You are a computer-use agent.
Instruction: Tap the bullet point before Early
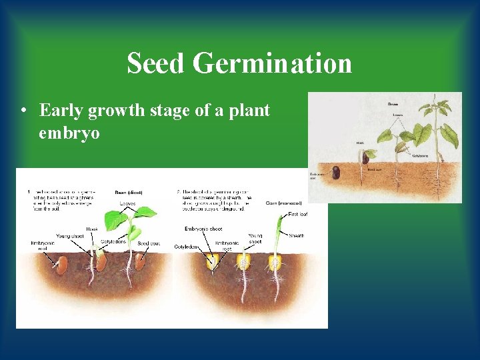[24, 110]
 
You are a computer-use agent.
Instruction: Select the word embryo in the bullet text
[69, 133]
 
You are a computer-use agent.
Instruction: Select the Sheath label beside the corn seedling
[297, 235]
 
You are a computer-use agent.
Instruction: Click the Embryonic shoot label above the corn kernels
[203, 229]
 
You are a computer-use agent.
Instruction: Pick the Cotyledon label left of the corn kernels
[187, 245]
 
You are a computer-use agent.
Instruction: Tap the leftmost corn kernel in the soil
[213, 261]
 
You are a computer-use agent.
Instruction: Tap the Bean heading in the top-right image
[393, 104]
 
